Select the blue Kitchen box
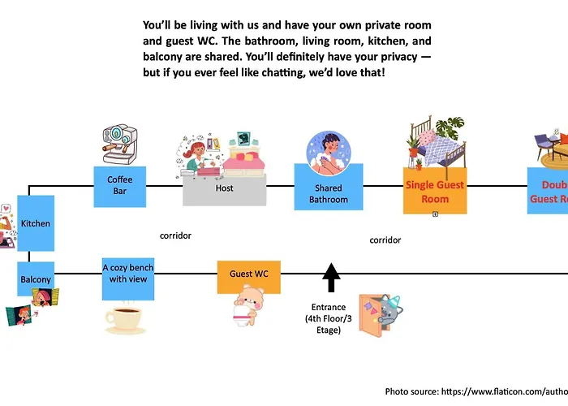36,222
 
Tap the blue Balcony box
36,279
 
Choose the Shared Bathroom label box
329,195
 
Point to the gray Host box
225,188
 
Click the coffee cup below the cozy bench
125,319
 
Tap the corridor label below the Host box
176,235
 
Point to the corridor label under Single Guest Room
385,240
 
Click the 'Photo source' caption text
475,391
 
